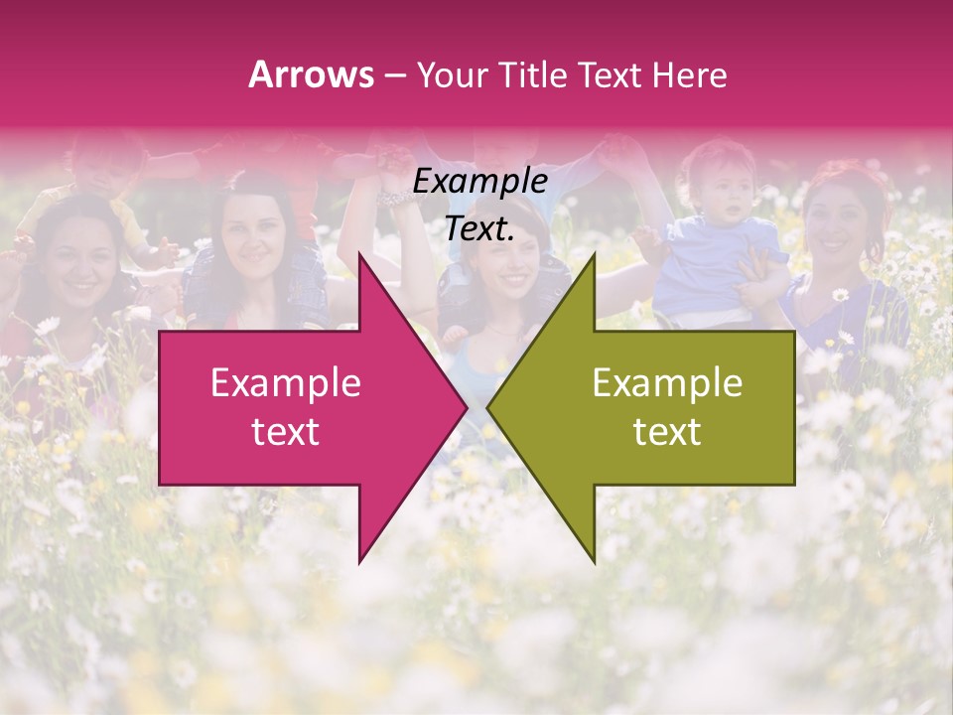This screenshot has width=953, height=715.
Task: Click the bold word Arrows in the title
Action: (x=312, y=74)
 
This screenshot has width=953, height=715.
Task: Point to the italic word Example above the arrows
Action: (x=480, y=182)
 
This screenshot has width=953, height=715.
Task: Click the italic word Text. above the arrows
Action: (x=480, y=229)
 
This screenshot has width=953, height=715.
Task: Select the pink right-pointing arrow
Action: (x=298, y=407)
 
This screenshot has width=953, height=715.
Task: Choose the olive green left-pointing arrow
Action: (x=655, y=407)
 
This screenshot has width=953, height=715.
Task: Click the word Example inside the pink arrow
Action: (x=286, y=383)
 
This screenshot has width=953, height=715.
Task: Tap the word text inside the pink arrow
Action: (x=286, y=432)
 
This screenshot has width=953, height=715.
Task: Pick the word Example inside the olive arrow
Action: (x=667, y=383)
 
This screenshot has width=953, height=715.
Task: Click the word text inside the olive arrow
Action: (x=667, y=432)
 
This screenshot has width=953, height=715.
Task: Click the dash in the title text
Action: (x=395, y=75)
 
